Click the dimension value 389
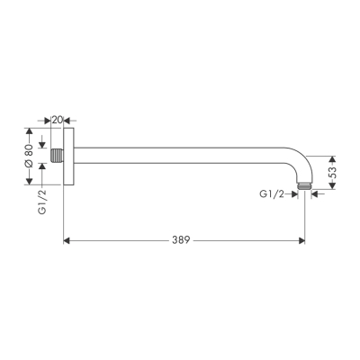(x=183, y=241)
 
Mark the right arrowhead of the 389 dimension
(x=302, y=241)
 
